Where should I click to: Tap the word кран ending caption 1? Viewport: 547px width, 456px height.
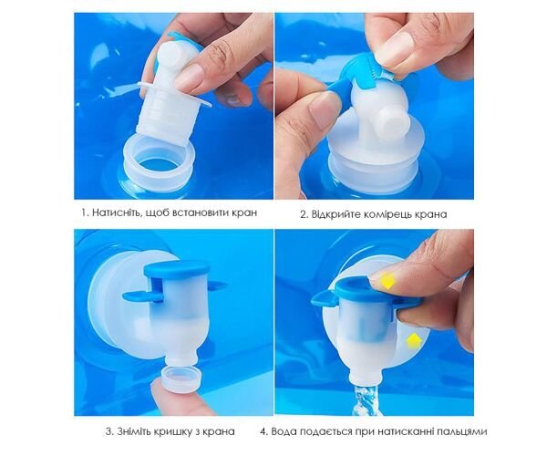pyautogui.click(x=244, y=212)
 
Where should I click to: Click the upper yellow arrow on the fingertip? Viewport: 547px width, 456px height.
pyautogui.click(x=387, y=281)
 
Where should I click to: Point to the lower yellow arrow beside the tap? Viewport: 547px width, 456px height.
pyautogui.click(x=414, y=341)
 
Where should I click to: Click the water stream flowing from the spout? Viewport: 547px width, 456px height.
pyautogui.click(x=366, y=399)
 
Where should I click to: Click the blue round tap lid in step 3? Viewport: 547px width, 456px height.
pyautogui.click(x=177, y=268)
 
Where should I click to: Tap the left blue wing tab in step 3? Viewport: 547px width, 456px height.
pyautogui.click(x=138, y=296)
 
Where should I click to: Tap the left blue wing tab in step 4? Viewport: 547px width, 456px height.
pyautogui.click(x=324, y=297)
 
